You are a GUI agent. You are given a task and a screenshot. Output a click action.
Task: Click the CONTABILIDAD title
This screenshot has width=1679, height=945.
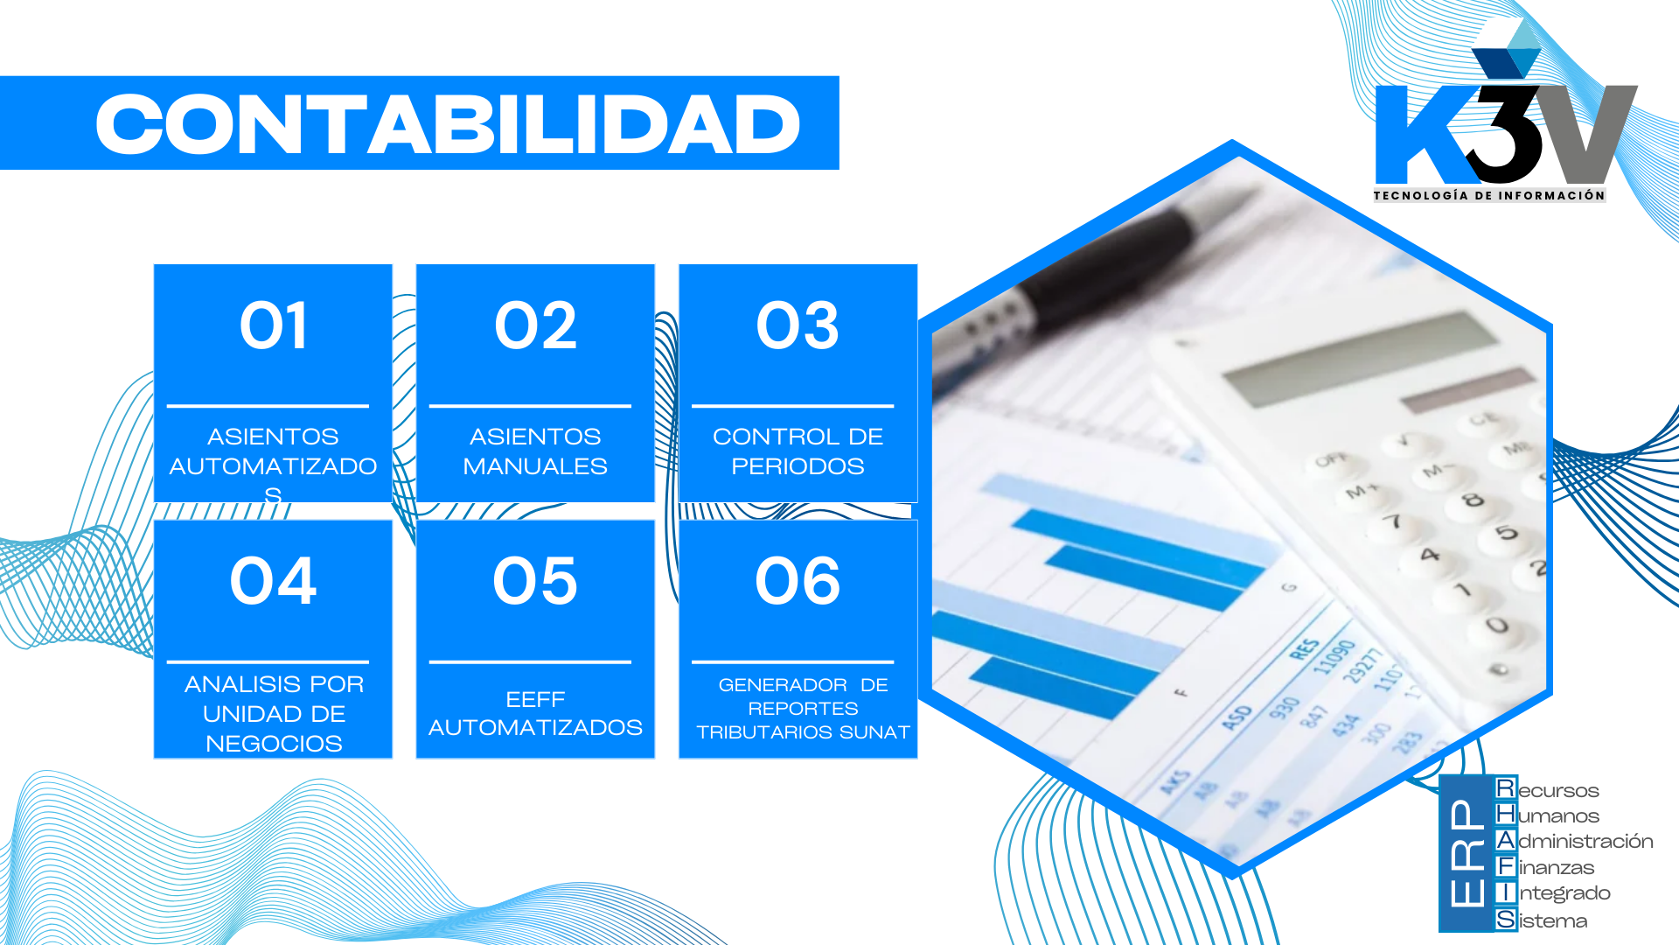click(448, 124)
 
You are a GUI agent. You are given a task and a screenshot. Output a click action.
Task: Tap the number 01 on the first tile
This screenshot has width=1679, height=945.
click(273, 326)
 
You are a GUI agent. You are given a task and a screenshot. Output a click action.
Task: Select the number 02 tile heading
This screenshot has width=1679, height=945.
click(535, 326)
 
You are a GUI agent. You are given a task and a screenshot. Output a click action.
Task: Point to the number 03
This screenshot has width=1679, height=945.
click(798, 326)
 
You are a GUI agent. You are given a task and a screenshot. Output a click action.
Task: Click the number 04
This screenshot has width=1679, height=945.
click(273, 581)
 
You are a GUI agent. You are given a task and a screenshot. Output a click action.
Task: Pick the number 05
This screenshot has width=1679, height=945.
click(535, 581)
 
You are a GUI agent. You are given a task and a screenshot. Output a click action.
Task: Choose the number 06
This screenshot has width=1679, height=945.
click(798, 581)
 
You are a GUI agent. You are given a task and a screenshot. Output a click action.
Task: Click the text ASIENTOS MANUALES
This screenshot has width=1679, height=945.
click(535, 451)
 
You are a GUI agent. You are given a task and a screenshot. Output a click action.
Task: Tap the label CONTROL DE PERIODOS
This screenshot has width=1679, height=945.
click(798, 451)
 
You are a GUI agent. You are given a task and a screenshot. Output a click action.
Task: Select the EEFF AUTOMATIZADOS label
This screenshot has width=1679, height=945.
click(535, 713)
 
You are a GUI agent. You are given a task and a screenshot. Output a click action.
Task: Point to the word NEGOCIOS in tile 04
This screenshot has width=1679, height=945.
click(274, 744)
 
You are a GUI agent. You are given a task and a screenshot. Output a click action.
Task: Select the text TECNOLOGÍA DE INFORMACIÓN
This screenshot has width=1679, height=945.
click(1488, 195)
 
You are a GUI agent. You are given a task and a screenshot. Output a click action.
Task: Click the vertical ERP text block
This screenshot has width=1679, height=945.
click(1466, 853)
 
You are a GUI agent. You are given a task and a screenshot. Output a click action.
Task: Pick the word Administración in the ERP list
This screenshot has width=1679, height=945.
click(1585, 842)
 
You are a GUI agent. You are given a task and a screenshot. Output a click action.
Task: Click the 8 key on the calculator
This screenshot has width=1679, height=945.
click(1473, 500)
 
